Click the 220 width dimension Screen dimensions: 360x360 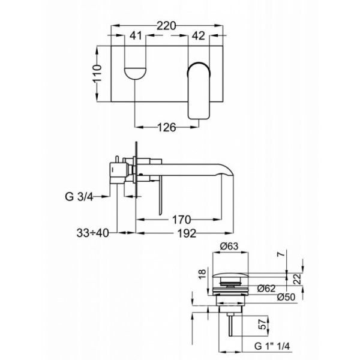166,26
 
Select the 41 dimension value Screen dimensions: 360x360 136,35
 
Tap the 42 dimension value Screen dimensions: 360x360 198,35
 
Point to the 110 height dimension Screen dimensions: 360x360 97,73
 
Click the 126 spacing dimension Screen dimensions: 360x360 167,127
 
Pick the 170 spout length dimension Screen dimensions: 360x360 181,220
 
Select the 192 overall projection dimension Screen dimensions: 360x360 187,233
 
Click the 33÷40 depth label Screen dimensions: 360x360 92,233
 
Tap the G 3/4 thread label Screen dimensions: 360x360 79,197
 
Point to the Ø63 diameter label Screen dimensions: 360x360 229,247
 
